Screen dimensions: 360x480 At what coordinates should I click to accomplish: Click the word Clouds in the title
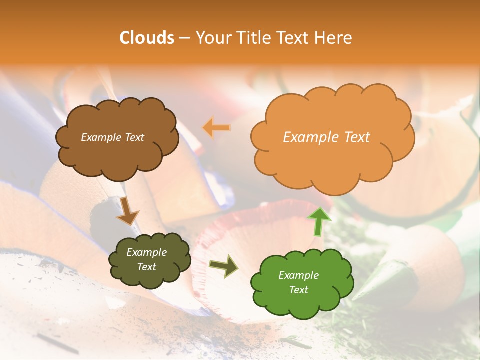[x=147, y=38]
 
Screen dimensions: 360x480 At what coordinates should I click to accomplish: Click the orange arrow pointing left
[x=216, y=128]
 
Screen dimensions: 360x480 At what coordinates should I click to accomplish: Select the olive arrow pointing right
[x=224, y=265]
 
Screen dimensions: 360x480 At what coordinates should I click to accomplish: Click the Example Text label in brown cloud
[x=112, y=137]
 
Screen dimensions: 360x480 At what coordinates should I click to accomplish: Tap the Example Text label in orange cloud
[x=326, y=137]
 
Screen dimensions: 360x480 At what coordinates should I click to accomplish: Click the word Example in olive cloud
[x=146, y=252]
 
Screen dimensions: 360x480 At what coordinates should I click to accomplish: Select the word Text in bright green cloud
[x=299, y=290]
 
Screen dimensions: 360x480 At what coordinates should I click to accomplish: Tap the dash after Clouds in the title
[x=183, y=38]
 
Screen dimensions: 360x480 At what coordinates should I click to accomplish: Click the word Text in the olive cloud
[x=146, y=267]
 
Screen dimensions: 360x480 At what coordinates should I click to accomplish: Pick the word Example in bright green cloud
[x=298, y=275]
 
